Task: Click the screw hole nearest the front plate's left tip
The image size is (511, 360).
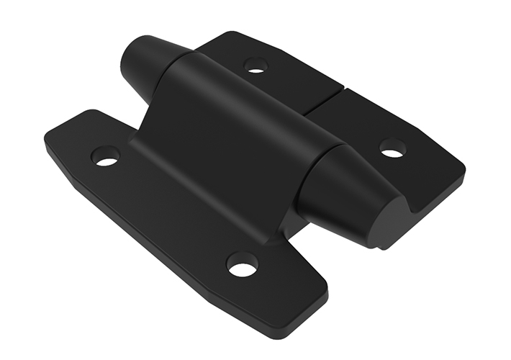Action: [106, 155]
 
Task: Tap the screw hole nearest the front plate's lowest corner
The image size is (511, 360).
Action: [242, 266]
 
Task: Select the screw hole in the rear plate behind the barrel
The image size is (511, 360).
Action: [256, 66]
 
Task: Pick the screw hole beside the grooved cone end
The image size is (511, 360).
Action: [392, 148]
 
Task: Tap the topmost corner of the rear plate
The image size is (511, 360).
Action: [230, 35]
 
